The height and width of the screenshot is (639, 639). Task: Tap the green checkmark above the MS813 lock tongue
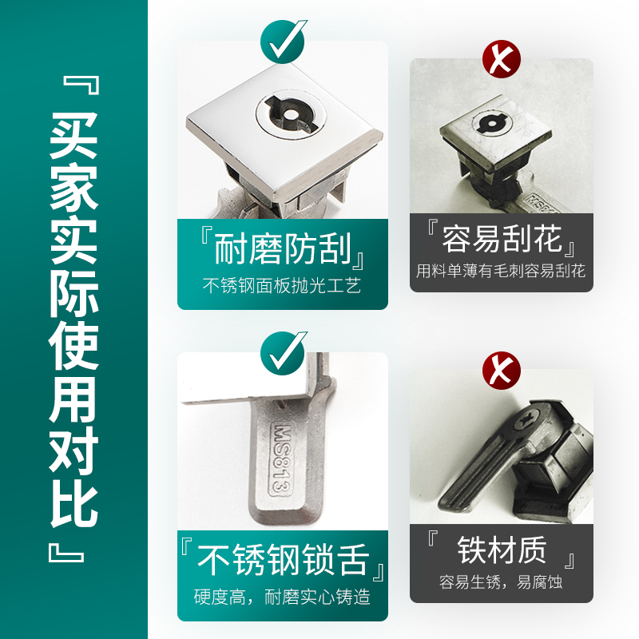pos(283,352)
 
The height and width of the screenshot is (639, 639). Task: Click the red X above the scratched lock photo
pos(502,58)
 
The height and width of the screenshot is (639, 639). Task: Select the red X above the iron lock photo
pos(502,370)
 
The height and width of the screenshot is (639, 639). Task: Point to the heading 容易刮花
pos(502,237)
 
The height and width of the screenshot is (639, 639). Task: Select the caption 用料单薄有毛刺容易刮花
pos(502,272)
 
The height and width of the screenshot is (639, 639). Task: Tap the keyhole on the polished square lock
pos(286,114)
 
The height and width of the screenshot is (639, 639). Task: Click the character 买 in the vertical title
pos(73,138)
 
